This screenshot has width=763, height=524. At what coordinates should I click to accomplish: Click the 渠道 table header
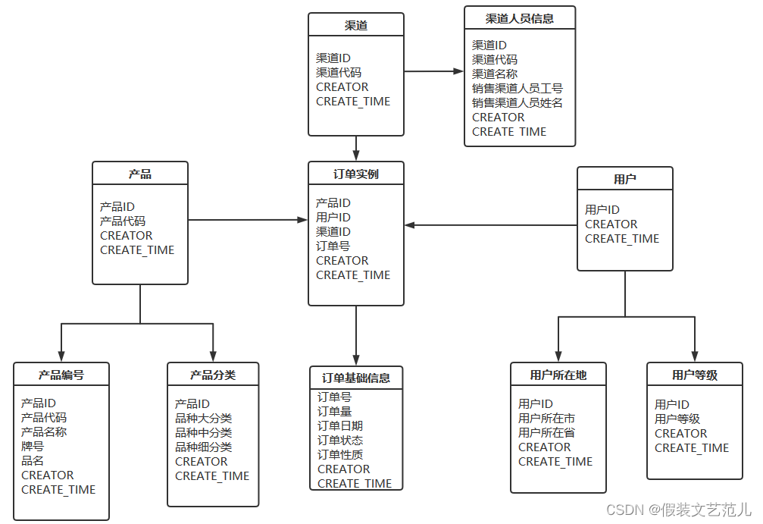[x=355, y=25]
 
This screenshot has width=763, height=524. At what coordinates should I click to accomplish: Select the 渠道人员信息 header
[x=519, y=18]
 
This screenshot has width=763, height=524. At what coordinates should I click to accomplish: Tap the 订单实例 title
[x=355, y=174]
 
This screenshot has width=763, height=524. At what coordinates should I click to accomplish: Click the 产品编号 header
[x=61, y=375]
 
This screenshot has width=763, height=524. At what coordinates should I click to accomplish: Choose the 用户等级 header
[x=694, y=375]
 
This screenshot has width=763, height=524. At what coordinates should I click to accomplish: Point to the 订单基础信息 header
[x=355, y=378]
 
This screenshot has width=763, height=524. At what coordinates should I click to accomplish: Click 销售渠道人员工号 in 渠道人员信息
[x=518, y=88]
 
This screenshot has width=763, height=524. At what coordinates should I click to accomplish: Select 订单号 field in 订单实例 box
[x=333, y=246]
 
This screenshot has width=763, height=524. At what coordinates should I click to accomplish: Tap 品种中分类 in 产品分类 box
[x=203, y=432]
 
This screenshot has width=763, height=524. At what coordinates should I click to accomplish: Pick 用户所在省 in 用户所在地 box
[x=546, y=432]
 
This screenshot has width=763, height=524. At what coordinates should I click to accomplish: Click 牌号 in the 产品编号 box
[x=33, y=446]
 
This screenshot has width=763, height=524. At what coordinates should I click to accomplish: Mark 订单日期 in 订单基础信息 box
[x=340, y=425]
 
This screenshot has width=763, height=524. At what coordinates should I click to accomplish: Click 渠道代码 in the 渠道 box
[x=339, y=72]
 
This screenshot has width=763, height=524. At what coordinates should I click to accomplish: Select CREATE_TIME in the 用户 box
[x=622, y=239]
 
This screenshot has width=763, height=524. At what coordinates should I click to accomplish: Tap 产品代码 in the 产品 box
[x=123, y=221]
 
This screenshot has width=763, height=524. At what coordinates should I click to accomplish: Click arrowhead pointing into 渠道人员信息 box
[x=458, y=71]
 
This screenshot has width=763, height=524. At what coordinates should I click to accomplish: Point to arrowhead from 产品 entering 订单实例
[x=302, y=220]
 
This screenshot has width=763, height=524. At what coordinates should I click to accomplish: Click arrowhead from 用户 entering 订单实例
[x=410, y=225]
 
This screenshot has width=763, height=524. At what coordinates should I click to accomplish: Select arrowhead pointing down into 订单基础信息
[x=355, y=360]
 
